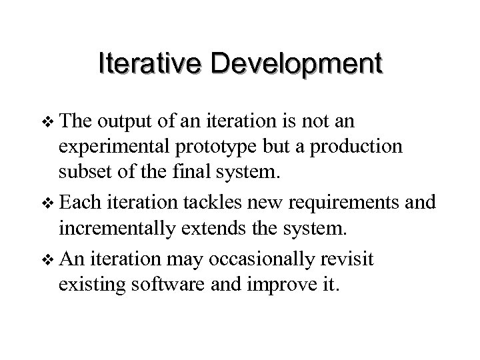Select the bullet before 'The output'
[45, 123]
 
